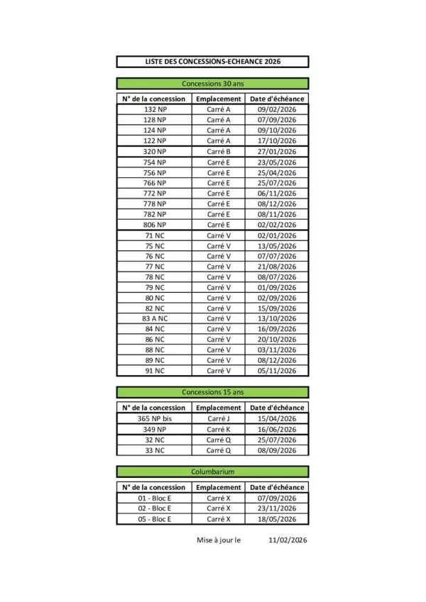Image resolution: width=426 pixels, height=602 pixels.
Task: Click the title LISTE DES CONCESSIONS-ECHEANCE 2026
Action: pyautogui.click(x=212, y=62)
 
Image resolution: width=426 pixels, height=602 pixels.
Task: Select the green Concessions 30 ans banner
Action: pyautogui.click(x=212, y=84)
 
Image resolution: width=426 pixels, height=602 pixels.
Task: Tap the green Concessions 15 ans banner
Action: pyautogui.click(x=212, y=392)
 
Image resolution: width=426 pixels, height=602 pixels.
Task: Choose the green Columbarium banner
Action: pyautogui.click(x=212, y=472)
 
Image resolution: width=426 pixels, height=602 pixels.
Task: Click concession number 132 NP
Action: pyautogui.click(x=155, y=110)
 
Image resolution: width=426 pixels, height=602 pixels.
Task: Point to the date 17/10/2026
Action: pyautogui.click(x=277, y=141)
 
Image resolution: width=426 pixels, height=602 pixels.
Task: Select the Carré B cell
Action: pyautogui.click(x=219, y=152)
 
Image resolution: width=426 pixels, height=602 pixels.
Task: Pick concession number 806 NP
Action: pyautogui.click(x=155, y=225)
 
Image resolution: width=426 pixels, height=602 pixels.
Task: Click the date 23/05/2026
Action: pyautogui.click(x=277, y=162)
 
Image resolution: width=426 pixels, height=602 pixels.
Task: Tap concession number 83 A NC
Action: pyautogui.click(x=155, y=318)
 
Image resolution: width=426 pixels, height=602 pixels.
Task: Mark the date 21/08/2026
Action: pyautogui.click(x=277, y=267)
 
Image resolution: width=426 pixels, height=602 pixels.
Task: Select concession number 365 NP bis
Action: pyautogui.click(x=155, y=419)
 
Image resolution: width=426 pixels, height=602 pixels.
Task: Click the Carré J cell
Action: pyautogui.click(x=219, y=419)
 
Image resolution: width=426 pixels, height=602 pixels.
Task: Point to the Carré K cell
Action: pyautogui.click(x=219, y=430)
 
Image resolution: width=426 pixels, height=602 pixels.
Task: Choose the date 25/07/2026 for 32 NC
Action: pyautogui.click(x=277, y=440)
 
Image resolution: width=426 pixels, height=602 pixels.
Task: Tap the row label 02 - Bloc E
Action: pyautogui.click(x=155, y=508)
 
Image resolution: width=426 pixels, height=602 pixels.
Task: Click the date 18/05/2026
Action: pyautogui.click(x=277, y=519)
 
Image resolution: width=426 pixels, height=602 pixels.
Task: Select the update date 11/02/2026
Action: pyautogui.click(x=288, y=540)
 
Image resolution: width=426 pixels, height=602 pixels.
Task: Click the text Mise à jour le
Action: pyautogui.click(x=219, y=540)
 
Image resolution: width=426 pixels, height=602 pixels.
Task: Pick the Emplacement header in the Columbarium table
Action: pyautogui.click(x=219, y=487)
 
